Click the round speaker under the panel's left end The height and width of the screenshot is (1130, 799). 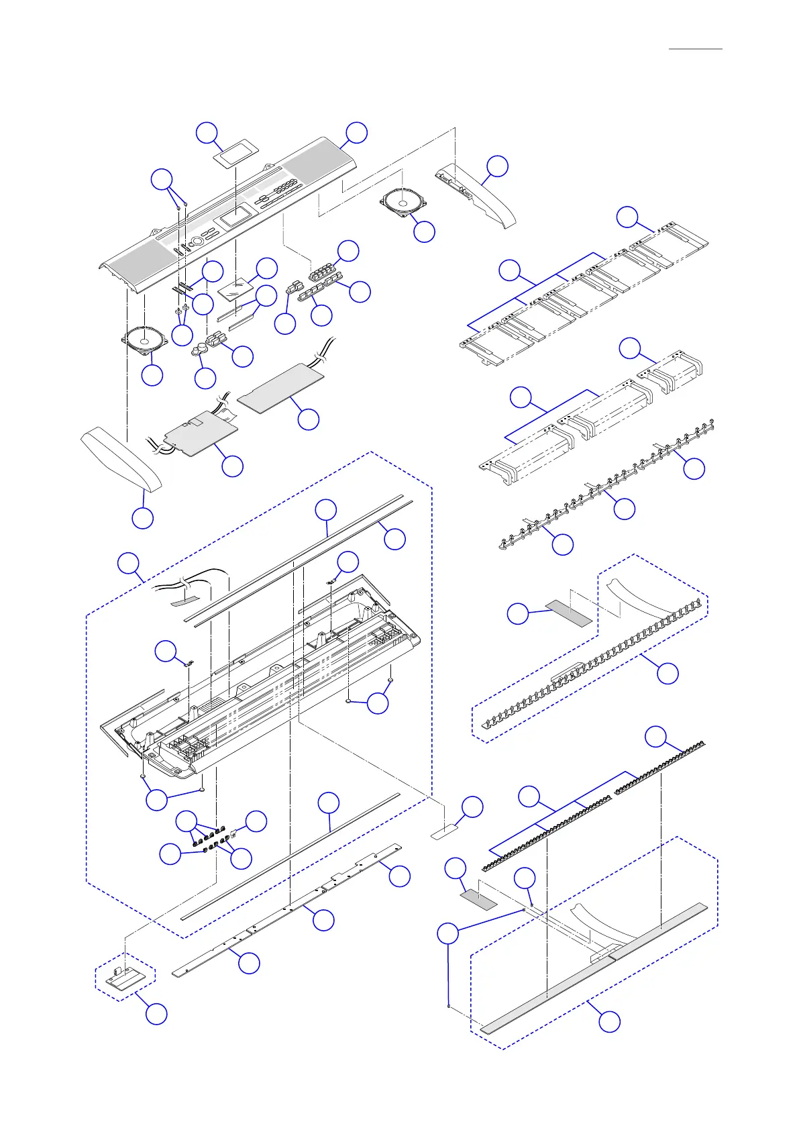pos(144,338)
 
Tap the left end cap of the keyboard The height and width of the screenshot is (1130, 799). pos(121,460)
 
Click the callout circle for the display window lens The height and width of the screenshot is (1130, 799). pos(207,132)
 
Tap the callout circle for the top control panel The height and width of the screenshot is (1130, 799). pos(356,132)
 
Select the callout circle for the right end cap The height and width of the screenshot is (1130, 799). pos(497,166)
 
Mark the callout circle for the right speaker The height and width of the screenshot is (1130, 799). pos(424,232)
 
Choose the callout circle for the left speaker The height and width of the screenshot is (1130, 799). pos(153,375)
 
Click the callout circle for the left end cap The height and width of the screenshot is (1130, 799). pos(142,518)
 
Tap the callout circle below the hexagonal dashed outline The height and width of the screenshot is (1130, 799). pos(156,1014)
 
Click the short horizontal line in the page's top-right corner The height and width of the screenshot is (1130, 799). pos(696,49)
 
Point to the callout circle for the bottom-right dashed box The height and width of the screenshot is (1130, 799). pos(609,1021)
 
